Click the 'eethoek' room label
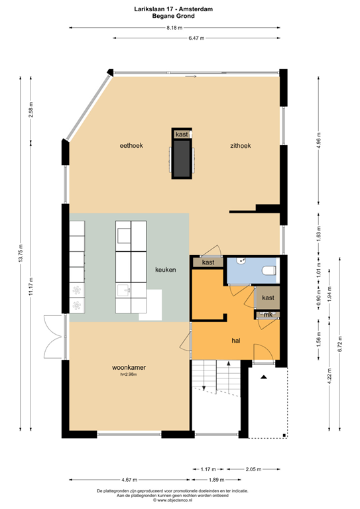pos(131,146)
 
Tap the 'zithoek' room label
pos(241,146)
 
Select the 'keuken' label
pos(166,270)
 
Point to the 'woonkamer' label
pos(129,367)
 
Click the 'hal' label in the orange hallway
pos(236,341)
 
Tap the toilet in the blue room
pos(269,270)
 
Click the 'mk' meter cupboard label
pos(268,315)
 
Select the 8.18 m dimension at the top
pos(174,28)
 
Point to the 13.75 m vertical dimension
pos(21,253)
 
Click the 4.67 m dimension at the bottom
pos(129,480)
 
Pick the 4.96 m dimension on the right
pos(319,141)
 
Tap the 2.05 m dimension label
pos(253,469)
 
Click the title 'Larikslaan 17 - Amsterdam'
pos(174,9)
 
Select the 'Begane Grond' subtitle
pos(174,16)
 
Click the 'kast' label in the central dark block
pos(182,135)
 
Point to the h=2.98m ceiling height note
pos(129,374)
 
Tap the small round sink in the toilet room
pos(241,260)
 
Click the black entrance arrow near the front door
pos(264,377)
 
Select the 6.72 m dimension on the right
pos(340,344)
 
